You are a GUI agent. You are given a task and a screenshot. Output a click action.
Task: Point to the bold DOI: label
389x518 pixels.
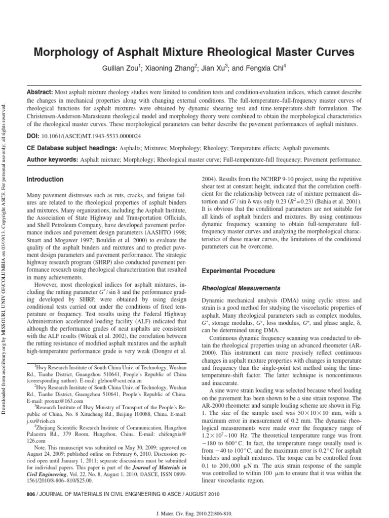(33, 137)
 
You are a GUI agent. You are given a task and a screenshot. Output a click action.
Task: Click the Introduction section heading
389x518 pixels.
(45, 179)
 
